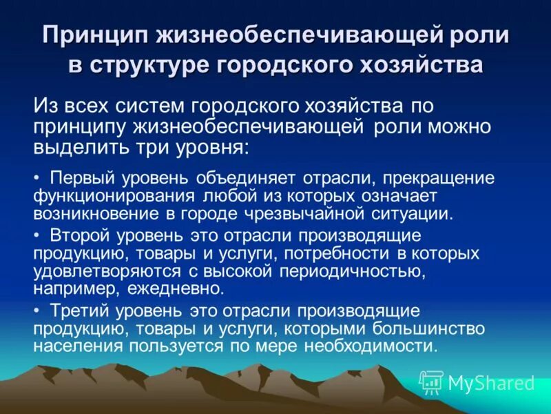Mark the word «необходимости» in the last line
click(377, 345)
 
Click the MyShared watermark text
click(491, 382)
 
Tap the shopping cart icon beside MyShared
click(431, 382)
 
